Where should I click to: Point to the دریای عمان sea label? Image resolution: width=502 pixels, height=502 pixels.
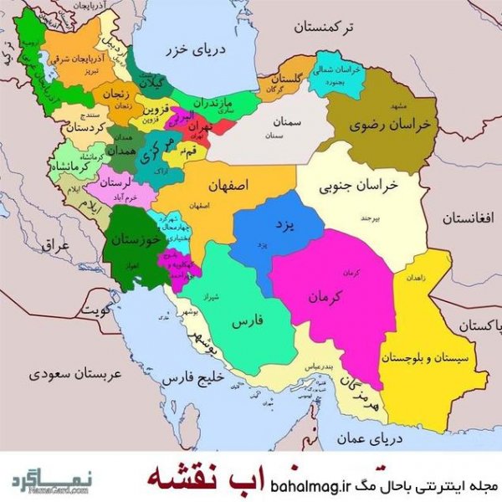point(372,437)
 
